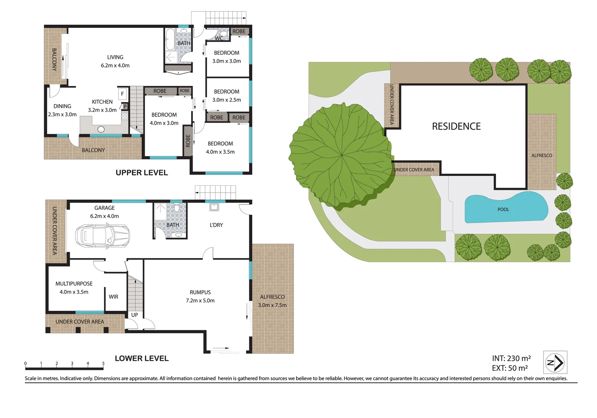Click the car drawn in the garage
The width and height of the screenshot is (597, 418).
coord(103,235)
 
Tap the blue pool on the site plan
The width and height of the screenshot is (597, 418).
coord(505,208)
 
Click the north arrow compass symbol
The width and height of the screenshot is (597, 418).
coord(555,362)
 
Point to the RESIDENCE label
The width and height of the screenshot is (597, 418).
coord(456,127)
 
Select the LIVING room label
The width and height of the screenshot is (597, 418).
coord(115,57)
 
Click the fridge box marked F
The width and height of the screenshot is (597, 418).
coord(123,94)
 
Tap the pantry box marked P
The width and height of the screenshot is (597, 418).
coord(125,106)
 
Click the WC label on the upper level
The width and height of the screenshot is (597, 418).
coord(219,38)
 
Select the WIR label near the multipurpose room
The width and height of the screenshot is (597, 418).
coord(113,297)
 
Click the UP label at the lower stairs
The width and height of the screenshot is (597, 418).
coord(135,315)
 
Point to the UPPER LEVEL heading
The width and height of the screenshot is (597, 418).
coord(142,173)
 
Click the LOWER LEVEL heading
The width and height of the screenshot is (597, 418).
coord(142,359)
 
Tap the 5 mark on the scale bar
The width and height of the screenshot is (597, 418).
coord(103,363)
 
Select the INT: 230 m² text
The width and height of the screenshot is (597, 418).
coord(511,359)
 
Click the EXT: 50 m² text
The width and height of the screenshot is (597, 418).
coord(510,368)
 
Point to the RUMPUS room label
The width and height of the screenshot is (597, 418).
coord(200,293)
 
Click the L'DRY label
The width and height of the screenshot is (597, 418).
coord(216,225)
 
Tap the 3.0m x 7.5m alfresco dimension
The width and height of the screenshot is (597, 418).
coord(272,305)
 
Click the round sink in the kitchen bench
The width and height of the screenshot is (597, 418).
coord(101,129)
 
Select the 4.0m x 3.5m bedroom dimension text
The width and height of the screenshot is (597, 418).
coord(220,152)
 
